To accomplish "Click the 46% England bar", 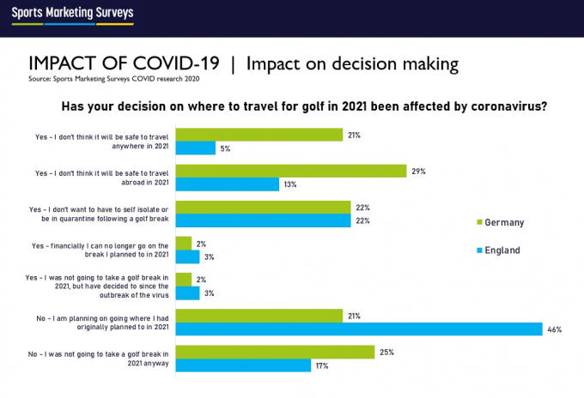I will tap(358, 329).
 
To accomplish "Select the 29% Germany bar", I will tap(290, 171).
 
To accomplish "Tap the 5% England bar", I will tap(195, 148).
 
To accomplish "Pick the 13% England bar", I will tap(227, 184).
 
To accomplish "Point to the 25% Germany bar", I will tap(275, 352).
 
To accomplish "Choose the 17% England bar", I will tap(242, 365).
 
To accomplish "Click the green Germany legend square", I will tap(479, 223).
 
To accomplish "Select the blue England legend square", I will tap(479, 251).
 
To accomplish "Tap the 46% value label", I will tap(554, 329).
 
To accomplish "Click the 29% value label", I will tap(418, 172).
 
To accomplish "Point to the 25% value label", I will tap(386, 352).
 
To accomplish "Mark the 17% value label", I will tap(323, 366).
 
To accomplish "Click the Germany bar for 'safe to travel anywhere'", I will tap(259, 135).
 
